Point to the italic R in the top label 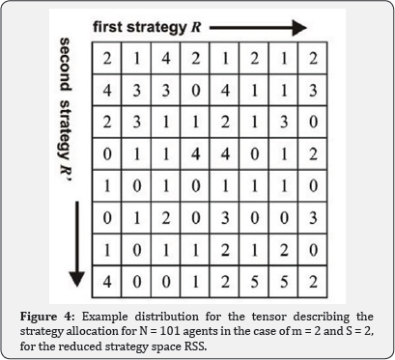click(x=196, y=27)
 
